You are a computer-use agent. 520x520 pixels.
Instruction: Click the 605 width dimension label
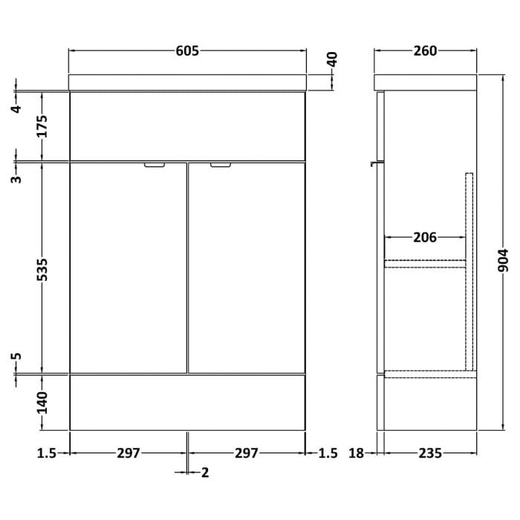pyautogui.click(x=188, y=51)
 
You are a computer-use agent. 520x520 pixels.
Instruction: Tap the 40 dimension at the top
pyautogui.click(x=332, y=59)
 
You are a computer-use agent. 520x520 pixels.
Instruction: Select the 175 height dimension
pyautogui.click(x=42, y=126)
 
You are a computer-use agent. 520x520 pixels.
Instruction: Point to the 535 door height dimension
pyautogui.click(x=42, y=269)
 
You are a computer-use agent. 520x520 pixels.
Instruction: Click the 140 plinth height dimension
pyautogui.click(x=42, y=402)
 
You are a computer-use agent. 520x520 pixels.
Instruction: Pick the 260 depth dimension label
pyautogui.click(x=425, y=51)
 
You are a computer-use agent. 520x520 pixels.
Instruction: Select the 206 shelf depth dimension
pyautogui.click(x=424, y=238)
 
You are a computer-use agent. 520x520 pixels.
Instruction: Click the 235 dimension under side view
pyautogui.click(x=429, y=452)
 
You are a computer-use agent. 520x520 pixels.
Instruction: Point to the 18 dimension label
pyautogui.click(x=357, y=452)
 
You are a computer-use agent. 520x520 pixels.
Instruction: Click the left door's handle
pyautogui.click(x=155, y=166)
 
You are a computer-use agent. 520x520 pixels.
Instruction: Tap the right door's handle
pyautogui.click(x=221, y=166)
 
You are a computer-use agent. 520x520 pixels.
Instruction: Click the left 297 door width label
pyautogui.click(x=129, y=452)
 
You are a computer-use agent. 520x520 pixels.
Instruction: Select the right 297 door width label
pyautogui.click(x=247, y=452)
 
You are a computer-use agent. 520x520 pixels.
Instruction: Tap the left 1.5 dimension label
pyautogui.click(x=46, y=452)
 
